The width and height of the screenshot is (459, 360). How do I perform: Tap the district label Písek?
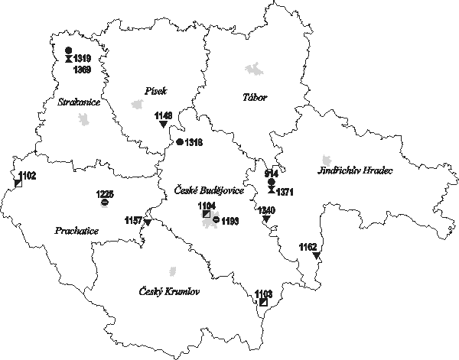[155, 91]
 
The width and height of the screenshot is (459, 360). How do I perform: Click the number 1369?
[82, 70]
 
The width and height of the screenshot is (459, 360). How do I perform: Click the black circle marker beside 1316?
[179, 142]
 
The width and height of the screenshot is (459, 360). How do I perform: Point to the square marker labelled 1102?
[18, 183]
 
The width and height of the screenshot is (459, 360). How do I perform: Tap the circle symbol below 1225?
[104, 203]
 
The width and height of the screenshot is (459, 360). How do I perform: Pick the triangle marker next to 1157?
[147, 222]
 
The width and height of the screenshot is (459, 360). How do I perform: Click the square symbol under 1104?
[207, 214]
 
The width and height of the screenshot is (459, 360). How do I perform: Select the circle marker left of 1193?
[216, 220]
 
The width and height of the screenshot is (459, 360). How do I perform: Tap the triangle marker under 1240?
[266, 219]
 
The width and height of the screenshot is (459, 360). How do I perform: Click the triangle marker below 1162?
[315, 256]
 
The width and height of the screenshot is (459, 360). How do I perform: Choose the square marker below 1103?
[263, 303]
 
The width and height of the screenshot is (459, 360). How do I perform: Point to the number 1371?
[285, 191]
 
